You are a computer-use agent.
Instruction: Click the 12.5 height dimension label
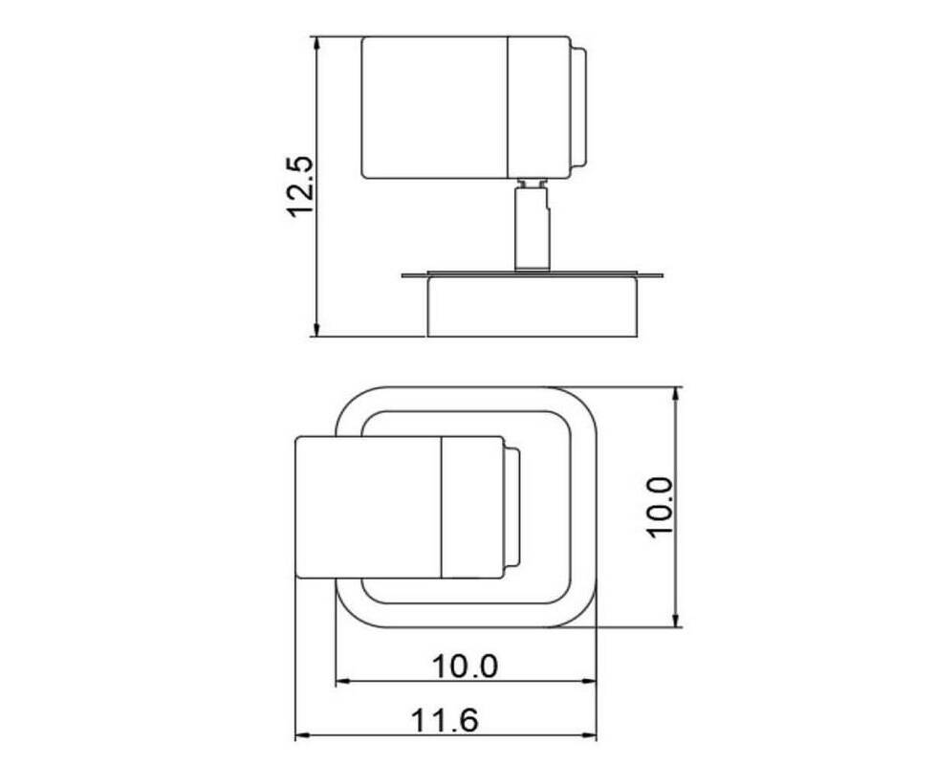(x=300, y=186)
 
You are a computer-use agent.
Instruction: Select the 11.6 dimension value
(x=445, y=720)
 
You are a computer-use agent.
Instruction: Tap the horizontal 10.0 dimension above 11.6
(x=465, y=666)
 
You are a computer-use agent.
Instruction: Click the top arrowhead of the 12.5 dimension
(x=316, y=44)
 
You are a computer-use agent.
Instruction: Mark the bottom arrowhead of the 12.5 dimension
(x=316, y=329)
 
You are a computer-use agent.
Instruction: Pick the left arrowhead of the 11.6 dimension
(x=303, y=737)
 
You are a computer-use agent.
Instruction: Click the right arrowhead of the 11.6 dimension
(x=589, y=737)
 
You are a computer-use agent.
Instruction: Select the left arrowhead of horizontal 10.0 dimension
(x=343, y=682)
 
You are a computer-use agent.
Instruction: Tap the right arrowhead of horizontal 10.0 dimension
(x=589, y=682)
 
